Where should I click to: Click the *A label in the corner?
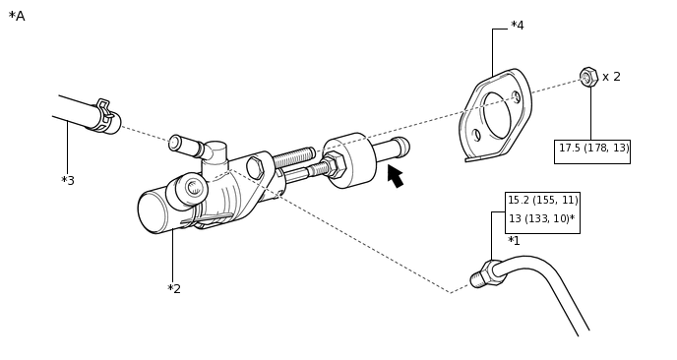[17, 16]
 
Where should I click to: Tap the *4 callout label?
[518, 26]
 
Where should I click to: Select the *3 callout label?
[68, 180]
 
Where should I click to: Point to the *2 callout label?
[174, 289]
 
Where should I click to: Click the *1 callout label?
[514, 240]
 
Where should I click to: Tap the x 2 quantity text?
[611, 77]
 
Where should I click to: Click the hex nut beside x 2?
[588, 77]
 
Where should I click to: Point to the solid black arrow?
[396, 176]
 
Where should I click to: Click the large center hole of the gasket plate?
[497, 115]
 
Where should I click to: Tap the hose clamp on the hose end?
[105, 114]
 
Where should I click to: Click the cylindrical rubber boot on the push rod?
[349, 160]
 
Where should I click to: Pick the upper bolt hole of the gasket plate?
[517, 97]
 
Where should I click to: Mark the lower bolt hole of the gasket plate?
[476, 135]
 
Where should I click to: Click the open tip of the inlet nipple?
[174, 143]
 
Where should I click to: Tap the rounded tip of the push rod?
[401, 146]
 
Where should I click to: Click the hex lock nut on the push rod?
[335, 164]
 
